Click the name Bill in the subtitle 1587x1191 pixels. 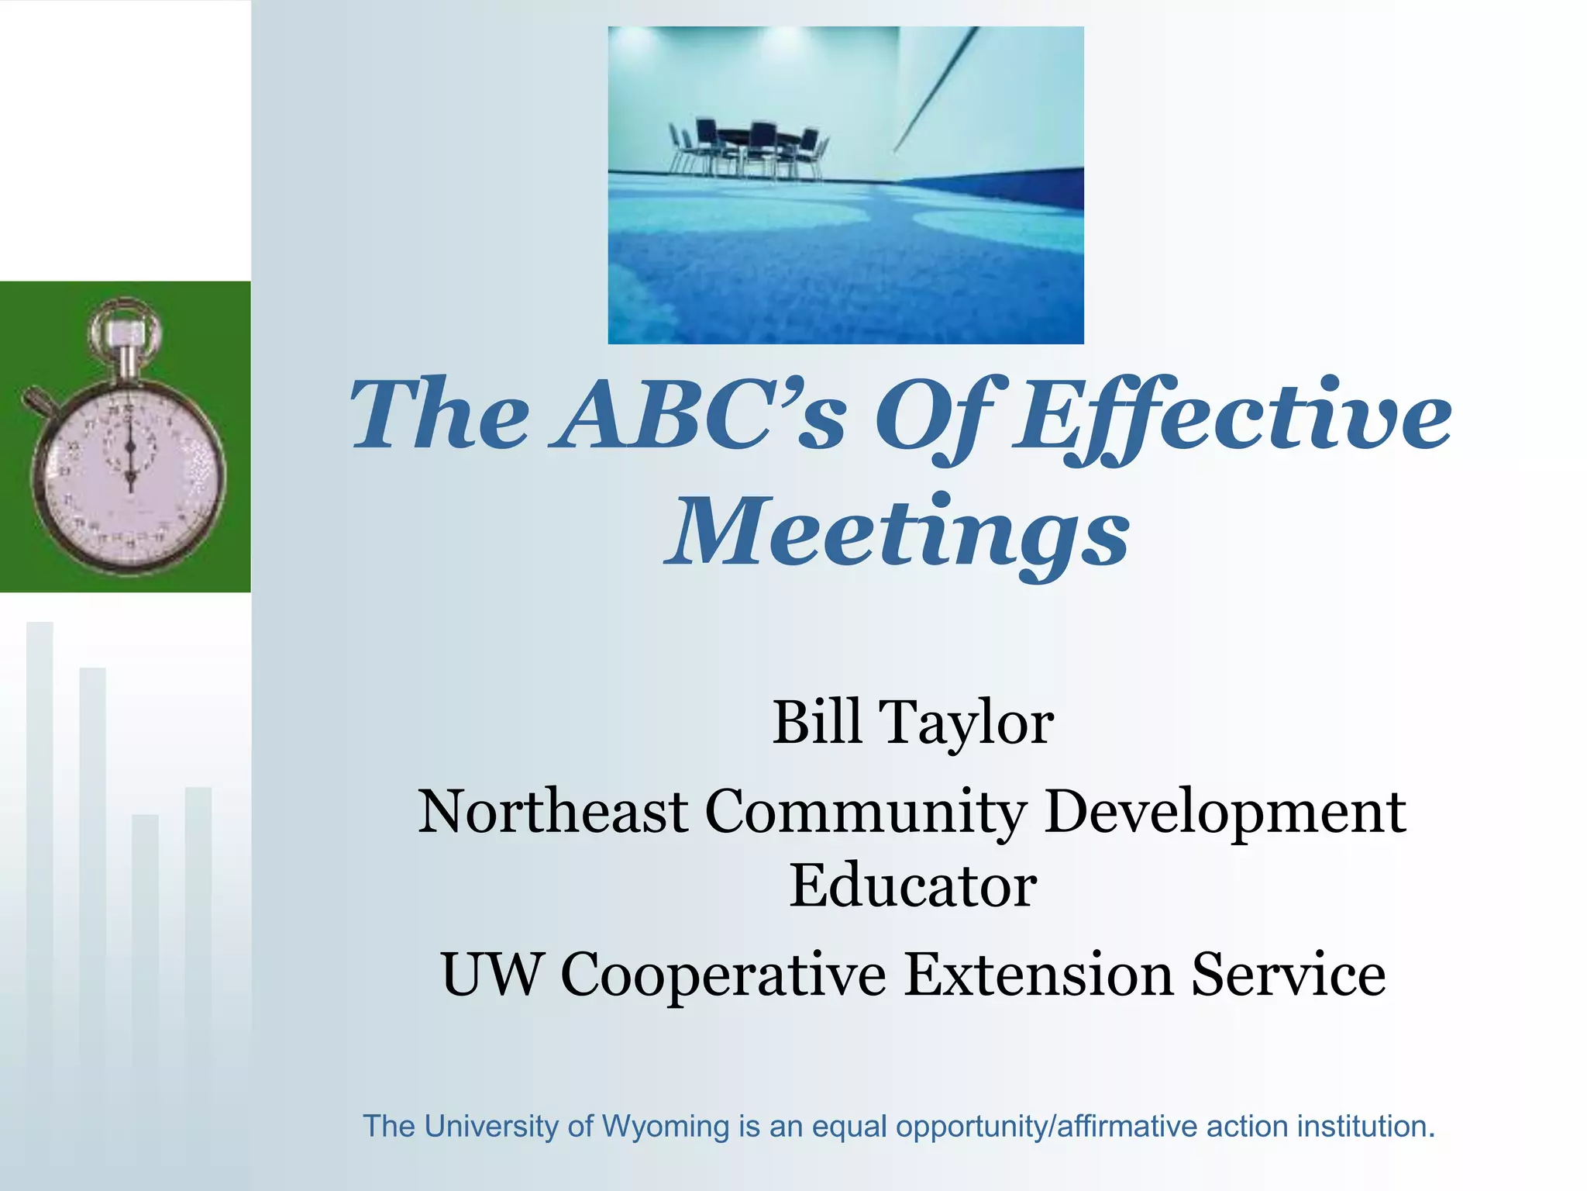[817, 722]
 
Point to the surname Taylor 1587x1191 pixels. [967, 723]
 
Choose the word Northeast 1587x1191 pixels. [553, 811]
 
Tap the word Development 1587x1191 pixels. [1224, 813]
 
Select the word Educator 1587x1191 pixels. [913, 885]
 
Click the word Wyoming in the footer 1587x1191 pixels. [666, 1127]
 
